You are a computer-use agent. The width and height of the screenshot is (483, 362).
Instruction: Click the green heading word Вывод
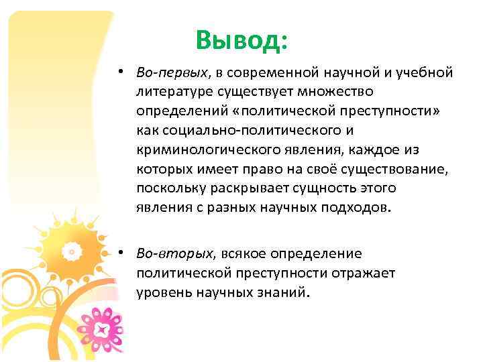point(241,41)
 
